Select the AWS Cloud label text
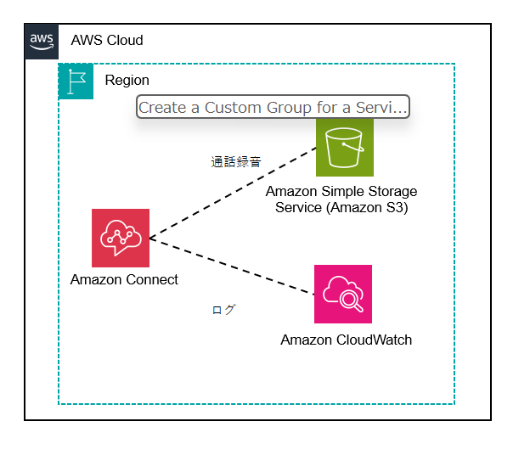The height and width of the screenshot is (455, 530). pyautogui.click(x=107, y=41)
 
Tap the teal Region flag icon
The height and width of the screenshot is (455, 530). pyautogui.click(x=76, y=81)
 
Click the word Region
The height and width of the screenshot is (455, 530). pyautogui.click(x=127, y=81)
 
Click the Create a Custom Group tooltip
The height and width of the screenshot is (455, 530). pyautogui.click(x=273, y=107)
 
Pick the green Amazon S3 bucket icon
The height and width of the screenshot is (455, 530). pyautogui.click(x=344, y=148)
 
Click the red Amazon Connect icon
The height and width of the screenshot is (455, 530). pyautogui.click(x=121, y=238)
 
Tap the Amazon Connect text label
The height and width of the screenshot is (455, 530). pyautogui.click(x=124, y=280)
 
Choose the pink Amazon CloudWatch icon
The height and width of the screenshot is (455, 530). pyautogui.click(x=342, y=294)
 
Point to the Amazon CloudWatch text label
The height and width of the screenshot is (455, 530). pyautogui.click(x=346, y=340)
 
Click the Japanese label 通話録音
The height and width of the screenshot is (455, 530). pyautogui.click(x=235, y=161)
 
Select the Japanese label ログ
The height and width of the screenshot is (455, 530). pyautogui.click(x=223, y=310)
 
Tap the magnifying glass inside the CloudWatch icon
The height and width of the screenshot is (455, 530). pyautogui.click(x=349, y=299)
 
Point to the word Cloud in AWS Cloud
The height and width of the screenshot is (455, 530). pyautogui.click(x=126, y=41)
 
